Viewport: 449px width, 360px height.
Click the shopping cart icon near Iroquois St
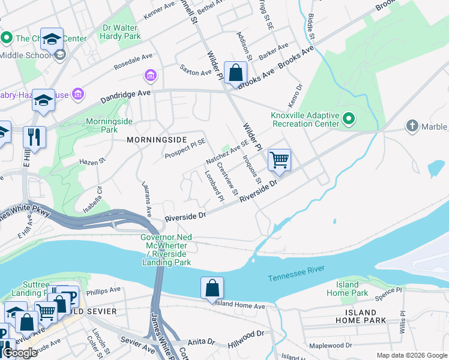(x=279, y=160)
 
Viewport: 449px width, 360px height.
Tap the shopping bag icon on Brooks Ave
(x=236, y=73)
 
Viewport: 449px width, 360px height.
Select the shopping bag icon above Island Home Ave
(x=212, y=287)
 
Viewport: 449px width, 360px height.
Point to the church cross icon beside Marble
(x=412, y=126)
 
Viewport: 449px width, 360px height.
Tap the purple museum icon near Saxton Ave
(x=150, y=76)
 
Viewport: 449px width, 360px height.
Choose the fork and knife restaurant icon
(x=34, y=137)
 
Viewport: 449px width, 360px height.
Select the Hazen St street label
(x=92, y=161)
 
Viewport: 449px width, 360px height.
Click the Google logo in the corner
(x=20, y=353)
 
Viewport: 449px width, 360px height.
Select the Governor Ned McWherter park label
(x=166, y=249)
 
